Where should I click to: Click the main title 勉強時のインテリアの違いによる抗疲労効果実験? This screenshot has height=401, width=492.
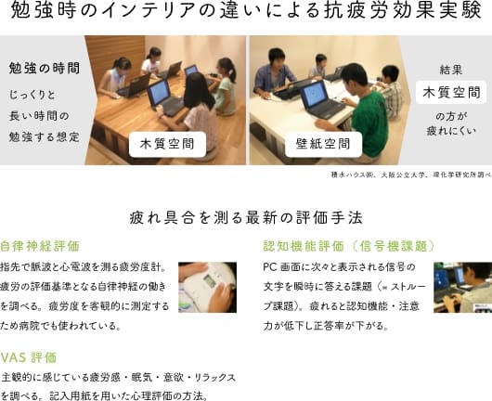pos(246,9)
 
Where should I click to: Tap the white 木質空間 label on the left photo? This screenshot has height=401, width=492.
pos(167,144)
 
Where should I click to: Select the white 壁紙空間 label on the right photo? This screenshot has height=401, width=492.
pos(323,144)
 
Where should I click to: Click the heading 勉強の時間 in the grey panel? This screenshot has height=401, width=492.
pos(45,68)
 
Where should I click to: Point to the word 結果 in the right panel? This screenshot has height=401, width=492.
pos(451,70)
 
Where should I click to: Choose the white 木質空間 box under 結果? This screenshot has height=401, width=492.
pos(451,93)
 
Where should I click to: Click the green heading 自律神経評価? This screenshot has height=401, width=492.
pos(40,246)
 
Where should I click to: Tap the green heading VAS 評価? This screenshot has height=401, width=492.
pos(29,357)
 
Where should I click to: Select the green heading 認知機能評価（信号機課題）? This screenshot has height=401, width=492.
pos(349,246)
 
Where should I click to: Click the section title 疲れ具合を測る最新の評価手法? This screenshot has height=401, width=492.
pos(246,218)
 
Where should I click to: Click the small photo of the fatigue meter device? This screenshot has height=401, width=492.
pos(207,287)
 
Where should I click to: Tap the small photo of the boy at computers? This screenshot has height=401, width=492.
pos(463,287)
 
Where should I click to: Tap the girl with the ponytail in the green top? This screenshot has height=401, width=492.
pos(225,86)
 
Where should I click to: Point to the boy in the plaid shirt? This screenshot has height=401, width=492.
pos(389,91)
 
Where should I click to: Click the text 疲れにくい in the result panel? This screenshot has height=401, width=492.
pos(451,131)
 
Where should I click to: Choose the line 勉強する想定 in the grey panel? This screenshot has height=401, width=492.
pos(44,136)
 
